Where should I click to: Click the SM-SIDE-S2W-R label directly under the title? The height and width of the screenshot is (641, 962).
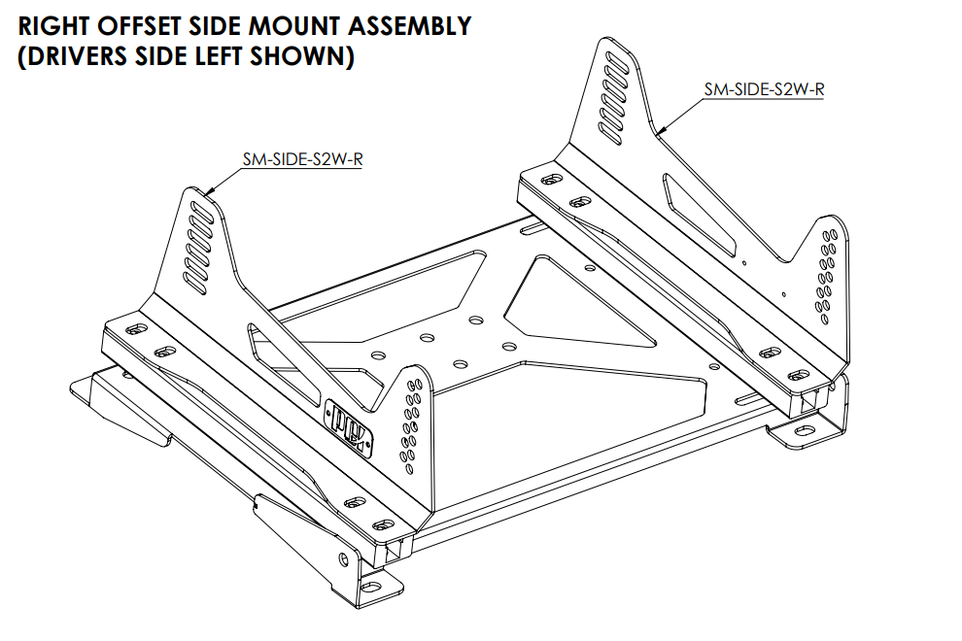(x=302, y=160)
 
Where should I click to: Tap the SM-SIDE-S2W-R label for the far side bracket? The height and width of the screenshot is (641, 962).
(x=764, y=89)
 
